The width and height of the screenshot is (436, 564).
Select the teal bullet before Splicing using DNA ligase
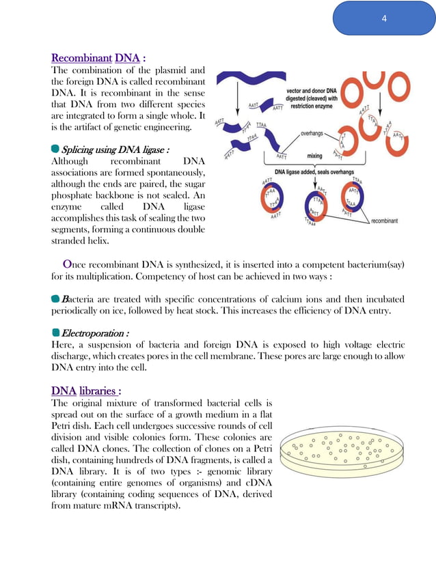click(x=55, y=149)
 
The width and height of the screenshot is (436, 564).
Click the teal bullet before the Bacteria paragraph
click(x=56, y=298)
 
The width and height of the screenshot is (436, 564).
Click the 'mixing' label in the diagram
click(x=314, y=156)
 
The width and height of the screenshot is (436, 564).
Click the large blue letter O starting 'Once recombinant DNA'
click(x=67, y=264)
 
